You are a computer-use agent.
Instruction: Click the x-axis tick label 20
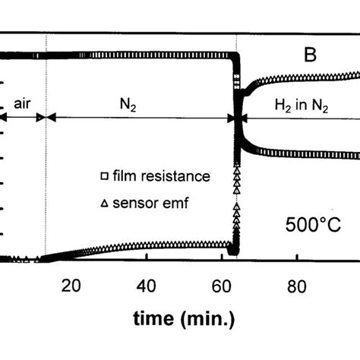71,286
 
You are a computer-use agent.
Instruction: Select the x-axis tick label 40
146,286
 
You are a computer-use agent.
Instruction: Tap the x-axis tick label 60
221,286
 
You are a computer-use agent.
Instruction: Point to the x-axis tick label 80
297,286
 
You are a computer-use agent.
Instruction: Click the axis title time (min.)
184,318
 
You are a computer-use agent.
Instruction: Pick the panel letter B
310,55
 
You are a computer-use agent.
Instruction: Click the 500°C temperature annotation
313,225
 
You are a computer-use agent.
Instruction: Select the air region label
22,103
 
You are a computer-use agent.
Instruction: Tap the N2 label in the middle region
128,104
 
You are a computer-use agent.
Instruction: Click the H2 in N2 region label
302,106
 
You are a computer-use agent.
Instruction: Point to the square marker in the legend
105,176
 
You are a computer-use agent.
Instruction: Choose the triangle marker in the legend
105,204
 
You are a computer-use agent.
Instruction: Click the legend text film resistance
161,176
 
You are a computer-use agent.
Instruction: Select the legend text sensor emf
150,203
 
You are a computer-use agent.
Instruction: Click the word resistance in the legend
175,176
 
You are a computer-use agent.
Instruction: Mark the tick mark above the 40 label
147,256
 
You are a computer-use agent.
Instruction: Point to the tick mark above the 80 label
297,257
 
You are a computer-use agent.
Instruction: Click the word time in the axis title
153,318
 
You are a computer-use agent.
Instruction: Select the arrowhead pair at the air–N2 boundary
46,118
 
